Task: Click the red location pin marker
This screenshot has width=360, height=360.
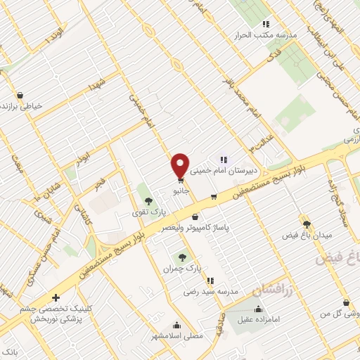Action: pyautogui.click(x=180, y=165)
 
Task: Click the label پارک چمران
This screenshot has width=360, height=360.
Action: pyautogui.click(x=178, y=269)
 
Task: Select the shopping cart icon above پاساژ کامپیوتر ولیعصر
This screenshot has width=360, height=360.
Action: pyautogui.click(x=194, y=217)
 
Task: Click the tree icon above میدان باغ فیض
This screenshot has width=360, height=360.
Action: pyautogui.click(x=306, y=224)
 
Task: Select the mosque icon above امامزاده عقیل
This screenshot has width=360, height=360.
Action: pyautogui.click(x=258, y=309)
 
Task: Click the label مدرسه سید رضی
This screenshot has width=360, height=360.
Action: pyautogui.click(x=212, y=290)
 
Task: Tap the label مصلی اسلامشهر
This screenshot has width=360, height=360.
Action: pyautogui.click(x=176, y=336)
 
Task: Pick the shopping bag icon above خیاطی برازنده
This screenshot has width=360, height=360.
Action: pyautogui.click(x=20, y=95)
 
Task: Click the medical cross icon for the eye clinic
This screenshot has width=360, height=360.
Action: pyautogui.click(x=56, y=297)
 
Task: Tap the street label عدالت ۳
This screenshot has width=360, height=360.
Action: pyautogui.click(x=260, y=145)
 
